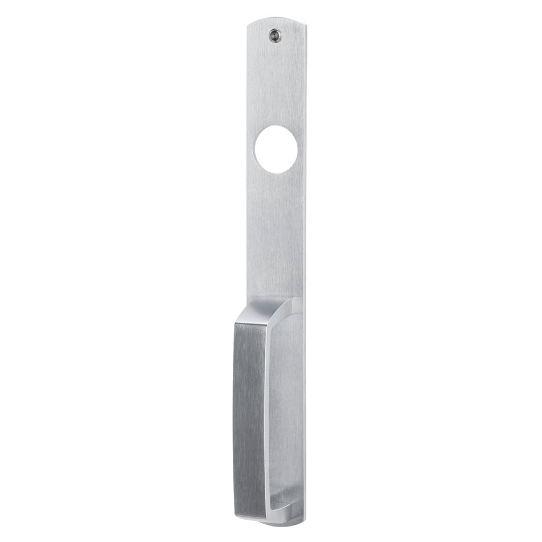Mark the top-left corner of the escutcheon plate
click(x=250, y=26)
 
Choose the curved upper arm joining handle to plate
click(x=285, y=305)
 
